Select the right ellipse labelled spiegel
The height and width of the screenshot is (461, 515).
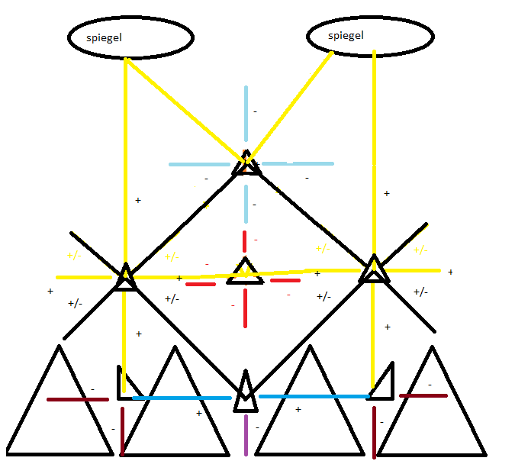click(x=371, y=35)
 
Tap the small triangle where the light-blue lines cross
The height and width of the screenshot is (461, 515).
click(x=246, y=164)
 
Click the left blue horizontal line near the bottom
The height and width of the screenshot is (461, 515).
click(x=182, y=398)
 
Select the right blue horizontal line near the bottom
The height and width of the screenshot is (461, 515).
click(x=313, y=396)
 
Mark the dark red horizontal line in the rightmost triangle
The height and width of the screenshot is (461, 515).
click(x=423, y=395)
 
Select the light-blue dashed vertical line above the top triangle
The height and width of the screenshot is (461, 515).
click(x=246, y=114)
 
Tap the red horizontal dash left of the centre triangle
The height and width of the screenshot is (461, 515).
click(x=201, y=284)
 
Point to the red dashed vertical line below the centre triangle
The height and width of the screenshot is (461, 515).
click(x=245, y=309)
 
